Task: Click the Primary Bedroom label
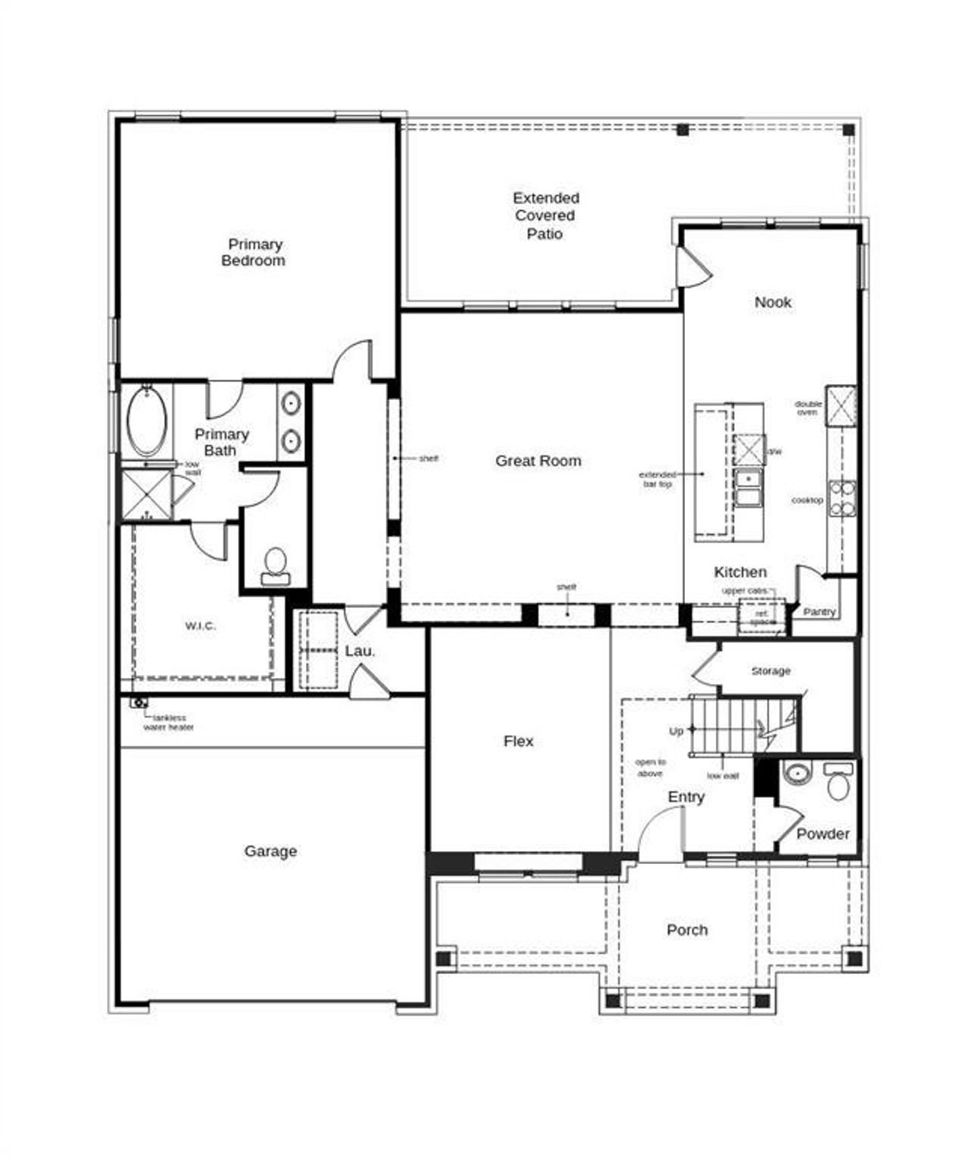[x=254, y=252]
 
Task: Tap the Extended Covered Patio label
[x=545, y=216]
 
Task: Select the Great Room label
[x=538, y=461]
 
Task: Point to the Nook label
[x=772, y=302]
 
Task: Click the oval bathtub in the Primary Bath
[x=146, y=421]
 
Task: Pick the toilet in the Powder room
[x=838, y=783]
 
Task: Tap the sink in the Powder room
[x=797, y=774]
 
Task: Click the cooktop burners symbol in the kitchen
[x=841, y=499]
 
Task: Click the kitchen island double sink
[x=748, y=488]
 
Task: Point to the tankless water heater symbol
[x=139, y=703]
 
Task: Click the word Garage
[x=270, y=851]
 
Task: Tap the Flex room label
[x=518, y=741]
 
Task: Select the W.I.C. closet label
[x=200, y=626]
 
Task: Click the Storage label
[x=770, y=671]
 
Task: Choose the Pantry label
[x=819, y=611]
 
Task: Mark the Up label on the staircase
[x=676, y=731]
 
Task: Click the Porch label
[x=686, y=930]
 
